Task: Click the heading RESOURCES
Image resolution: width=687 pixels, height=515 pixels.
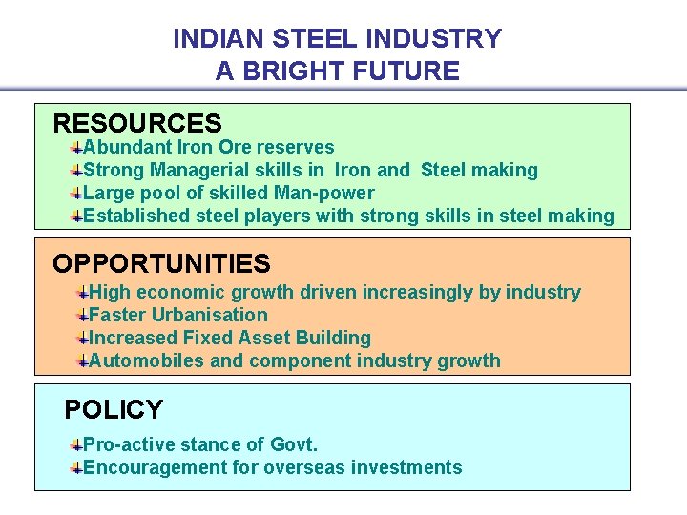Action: [x=136, y=123]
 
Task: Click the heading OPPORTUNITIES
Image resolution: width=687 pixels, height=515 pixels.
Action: [x=161, y=263]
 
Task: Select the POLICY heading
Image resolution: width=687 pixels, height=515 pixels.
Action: [x=113, y=410]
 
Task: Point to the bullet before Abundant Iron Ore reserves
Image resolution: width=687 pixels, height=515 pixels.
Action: [x=75, y=147]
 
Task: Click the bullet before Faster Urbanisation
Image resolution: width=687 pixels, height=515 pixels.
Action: [x=82, y=315]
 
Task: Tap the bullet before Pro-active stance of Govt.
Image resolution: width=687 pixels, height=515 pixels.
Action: [x=75, y=444]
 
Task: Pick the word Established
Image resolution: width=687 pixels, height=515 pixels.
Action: [x=136, y=216]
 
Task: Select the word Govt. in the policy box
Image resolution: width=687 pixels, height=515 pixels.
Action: [x=294, y=444]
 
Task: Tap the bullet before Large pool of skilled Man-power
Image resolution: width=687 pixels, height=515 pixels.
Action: [x=75, y=193]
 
